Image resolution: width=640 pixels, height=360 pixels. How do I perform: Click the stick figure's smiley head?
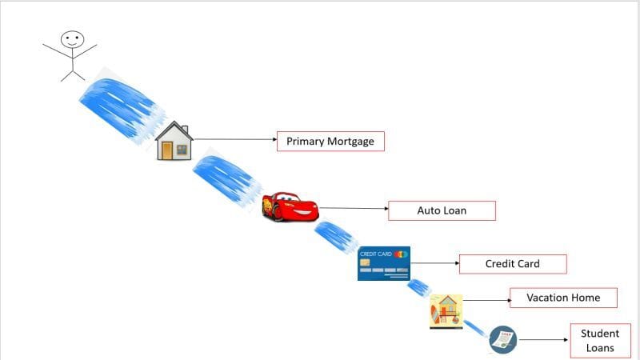click(x=73, y=39)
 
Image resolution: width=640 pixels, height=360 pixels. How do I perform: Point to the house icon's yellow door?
click(x=167, y=150)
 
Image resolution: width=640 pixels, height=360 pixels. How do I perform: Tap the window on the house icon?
click(x=182, y=150)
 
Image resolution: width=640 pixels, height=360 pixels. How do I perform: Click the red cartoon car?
click(x=290, y=206)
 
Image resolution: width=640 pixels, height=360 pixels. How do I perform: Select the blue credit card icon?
click(x=384, y=263)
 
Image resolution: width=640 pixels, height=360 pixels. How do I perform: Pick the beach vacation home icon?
click(x=446, y=311)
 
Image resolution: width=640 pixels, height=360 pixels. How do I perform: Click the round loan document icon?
click(x=503, y=339)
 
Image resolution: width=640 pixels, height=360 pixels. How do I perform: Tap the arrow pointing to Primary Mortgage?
click(x=235, y=139)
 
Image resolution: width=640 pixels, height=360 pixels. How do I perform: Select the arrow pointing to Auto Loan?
click(x=354, y=208)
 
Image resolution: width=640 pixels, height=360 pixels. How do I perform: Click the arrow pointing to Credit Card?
click(x=435, y=263)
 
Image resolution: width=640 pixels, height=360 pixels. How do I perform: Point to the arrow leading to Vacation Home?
click(x=487, y=301)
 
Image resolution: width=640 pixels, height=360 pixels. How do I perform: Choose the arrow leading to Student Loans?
click(x=544, y=339)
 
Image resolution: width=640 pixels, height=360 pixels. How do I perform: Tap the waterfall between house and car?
click(x=226, y=178)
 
